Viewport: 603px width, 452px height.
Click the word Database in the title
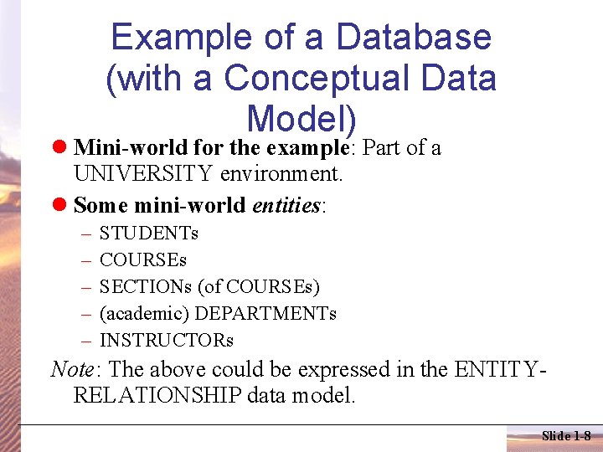pyautogui.click(x=414, y=38)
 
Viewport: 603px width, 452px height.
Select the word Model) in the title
pyautogui.click(x=302, y=119)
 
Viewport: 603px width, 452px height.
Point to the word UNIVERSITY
pyautogui.click(x=143, y=176)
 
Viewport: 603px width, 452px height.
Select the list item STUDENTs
pyautogui.click(x=148, y=234)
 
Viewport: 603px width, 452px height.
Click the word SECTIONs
pyautogui.click(x=145, y=287)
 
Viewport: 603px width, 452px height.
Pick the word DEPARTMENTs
pyautogui.click(x=265, y=314)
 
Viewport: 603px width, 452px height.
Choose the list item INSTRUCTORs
pyautogui.click(x=166, y=341)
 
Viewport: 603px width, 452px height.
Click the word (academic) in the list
pyautogui.click(x=142, y=314)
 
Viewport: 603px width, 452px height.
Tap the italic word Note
pyautogui.click(x=71, y=369)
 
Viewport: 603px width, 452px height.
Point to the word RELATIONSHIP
pyautogui.click(x=157, y=396)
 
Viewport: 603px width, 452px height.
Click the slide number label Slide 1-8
pyautogui.click(x=566, y=436)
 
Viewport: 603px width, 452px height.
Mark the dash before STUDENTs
pyautogui.click(x=85, y=234)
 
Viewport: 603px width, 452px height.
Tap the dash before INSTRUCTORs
pyautogui.click(x=85, y=341)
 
